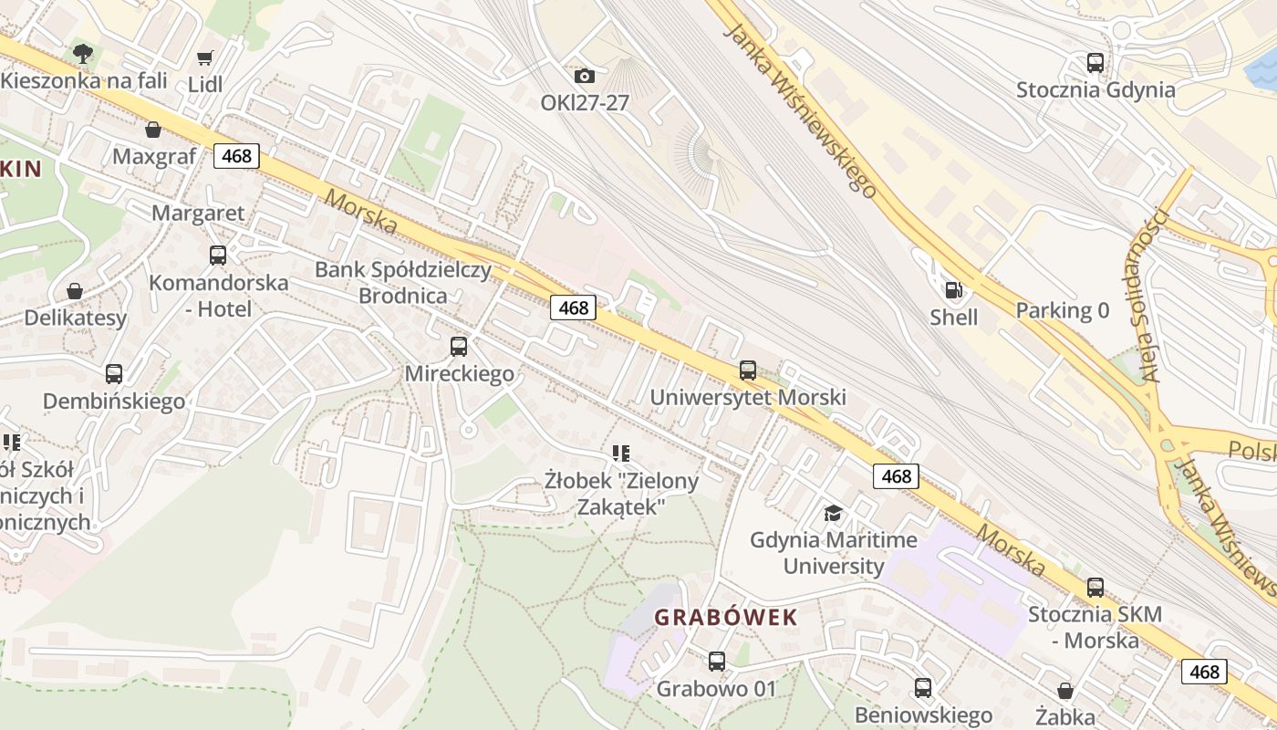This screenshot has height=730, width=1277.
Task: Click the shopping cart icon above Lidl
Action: [x=205, y=57]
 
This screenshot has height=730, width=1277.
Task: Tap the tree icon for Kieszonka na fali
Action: [x=83, y=53]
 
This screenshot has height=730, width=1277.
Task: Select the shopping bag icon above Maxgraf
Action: [x=153, y=130]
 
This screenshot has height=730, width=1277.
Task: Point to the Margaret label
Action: [x=198, y=214]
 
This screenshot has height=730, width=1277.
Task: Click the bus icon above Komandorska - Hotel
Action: [x=218, y=255]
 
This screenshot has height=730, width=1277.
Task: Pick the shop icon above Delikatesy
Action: [x=75, y=291]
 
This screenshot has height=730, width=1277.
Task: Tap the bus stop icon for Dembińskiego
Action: [x=114, y=374]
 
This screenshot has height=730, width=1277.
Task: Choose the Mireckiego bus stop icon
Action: [x=459, y=347]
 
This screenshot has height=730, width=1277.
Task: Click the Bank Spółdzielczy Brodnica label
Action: [x=402, y=283]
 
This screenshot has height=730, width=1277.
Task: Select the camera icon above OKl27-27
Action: [x=585, y=76]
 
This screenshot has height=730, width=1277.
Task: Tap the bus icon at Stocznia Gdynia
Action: [x=1095, y=63]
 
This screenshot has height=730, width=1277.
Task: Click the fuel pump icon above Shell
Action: [x=954, y=290]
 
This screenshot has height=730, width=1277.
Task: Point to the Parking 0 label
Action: [x=1063, y=310]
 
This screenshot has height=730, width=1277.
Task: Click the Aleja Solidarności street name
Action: [x=1155, y=295]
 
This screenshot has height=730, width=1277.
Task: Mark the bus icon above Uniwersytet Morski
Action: [x=748, y=370]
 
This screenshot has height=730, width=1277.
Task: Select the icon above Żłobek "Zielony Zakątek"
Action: [x=621, y=453]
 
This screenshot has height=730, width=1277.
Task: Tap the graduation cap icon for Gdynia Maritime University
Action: [x=833, y=513]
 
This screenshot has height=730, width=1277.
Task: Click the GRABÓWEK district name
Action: [x=726, y=617]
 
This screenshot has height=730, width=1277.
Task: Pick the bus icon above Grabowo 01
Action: [x=717, y=661]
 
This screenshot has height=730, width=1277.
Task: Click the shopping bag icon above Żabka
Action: [x=1064, y=691]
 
